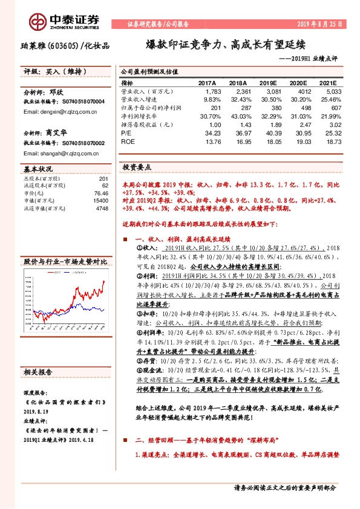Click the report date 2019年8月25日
pos(320,24)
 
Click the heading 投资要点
pos(137,166)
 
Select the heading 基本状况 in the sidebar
pos(38,170)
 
